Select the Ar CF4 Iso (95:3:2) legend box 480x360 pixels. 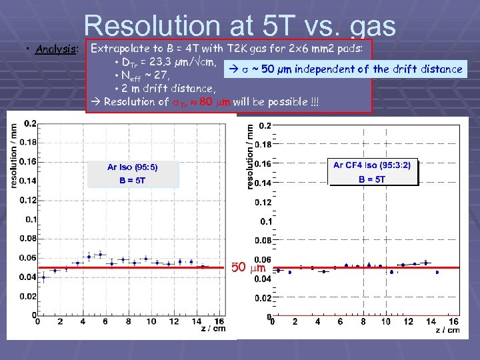tap(372, 171)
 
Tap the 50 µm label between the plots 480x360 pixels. tap(249, 268)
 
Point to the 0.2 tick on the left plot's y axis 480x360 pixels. tap(30, 123)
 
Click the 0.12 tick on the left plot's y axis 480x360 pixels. tap(29, 200)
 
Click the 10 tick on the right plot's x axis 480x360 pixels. tap(385, 322)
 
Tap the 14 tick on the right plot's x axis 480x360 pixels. tap(431, 322)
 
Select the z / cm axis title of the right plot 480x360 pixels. tap(447, 330)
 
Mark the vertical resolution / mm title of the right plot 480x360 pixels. tap(251, 154)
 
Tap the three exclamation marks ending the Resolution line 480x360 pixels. tap(295, 101)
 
